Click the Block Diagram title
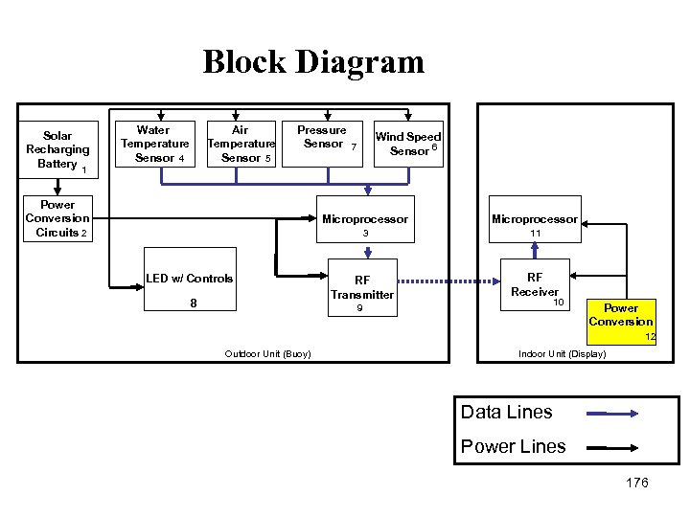pyautogui.click(x=313, y=62)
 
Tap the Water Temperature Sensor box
pyautogui.click(x=154, y=144)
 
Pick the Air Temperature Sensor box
pyautogui.click(x=241, y=144)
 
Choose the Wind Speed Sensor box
pyautogui.click(x=409, y=145)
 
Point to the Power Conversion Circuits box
pyautogui.click(x=57, y=218)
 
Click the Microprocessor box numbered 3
pyautogui.click(x=365, y=224)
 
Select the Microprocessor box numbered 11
pyautogui.click(x=535, y=224)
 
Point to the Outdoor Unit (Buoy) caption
pyautogui.click(x=267, y=354)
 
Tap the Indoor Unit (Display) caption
pyautogui.click(x=562, y=354)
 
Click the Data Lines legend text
pyautogui.click(x=507, y=413)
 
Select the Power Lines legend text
pyautogui.click(x=513, y=446)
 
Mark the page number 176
pyautogui.click(x=637, y=483)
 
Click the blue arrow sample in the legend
pyautogui.click(x=613, y=414)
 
